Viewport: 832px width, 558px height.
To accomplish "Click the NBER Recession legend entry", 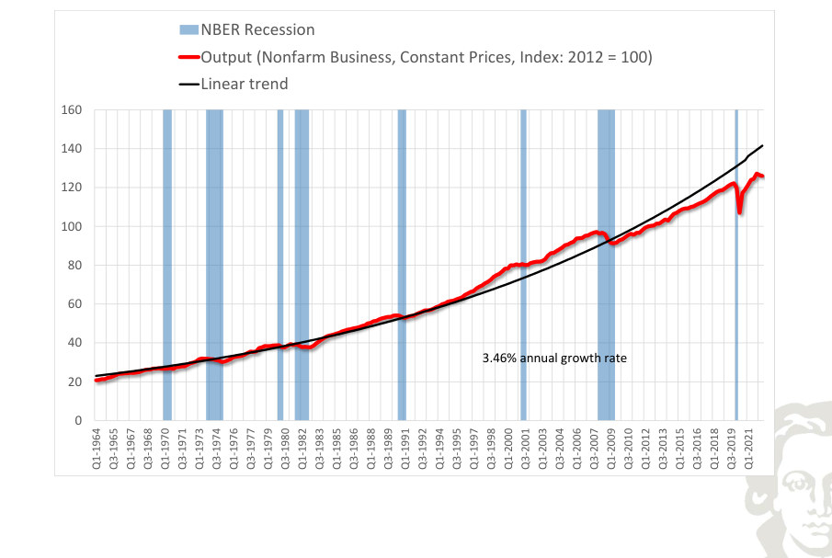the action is tap(247, 29).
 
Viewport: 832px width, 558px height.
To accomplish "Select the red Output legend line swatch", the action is tap(189, 57).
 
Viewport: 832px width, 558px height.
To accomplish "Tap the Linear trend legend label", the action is tap(245, 84).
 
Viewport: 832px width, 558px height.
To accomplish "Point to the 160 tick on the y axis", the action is tap(72, 109).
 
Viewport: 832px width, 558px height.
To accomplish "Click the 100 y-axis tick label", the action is tap(72, 226).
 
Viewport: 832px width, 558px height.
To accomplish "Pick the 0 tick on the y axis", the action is tap(78, 421).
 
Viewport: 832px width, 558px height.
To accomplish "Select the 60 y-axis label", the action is tap(74, 304).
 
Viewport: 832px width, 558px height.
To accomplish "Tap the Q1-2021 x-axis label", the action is tap(748, 449).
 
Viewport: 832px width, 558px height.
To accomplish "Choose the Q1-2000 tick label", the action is tap(507, 449).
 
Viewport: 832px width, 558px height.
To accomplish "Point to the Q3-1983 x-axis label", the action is tap(319, 449).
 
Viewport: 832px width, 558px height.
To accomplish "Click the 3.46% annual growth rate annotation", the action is tap(554, 358).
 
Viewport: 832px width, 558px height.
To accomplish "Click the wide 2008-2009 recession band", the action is tap(606, 265).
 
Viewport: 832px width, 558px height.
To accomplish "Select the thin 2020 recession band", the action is tap(736, 265).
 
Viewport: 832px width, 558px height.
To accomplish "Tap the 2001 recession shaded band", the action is tap(524, 265).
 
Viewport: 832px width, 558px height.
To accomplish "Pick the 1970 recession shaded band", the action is tap(167, 265).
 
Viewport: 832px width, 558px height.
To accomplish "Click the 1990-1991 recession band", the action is tap(402, 265).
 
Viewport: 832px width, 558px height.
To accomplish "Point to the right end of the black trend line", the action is tap(762, 145).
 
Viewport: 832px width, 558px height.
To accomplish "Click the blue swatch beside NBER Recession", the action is tap(188, 29).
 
